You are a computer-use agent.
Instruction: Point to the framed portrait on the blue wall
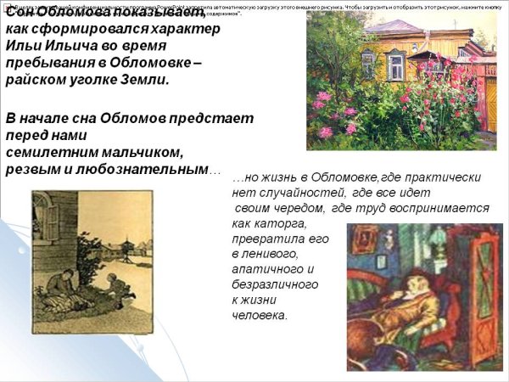click(x=364, y=243)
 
